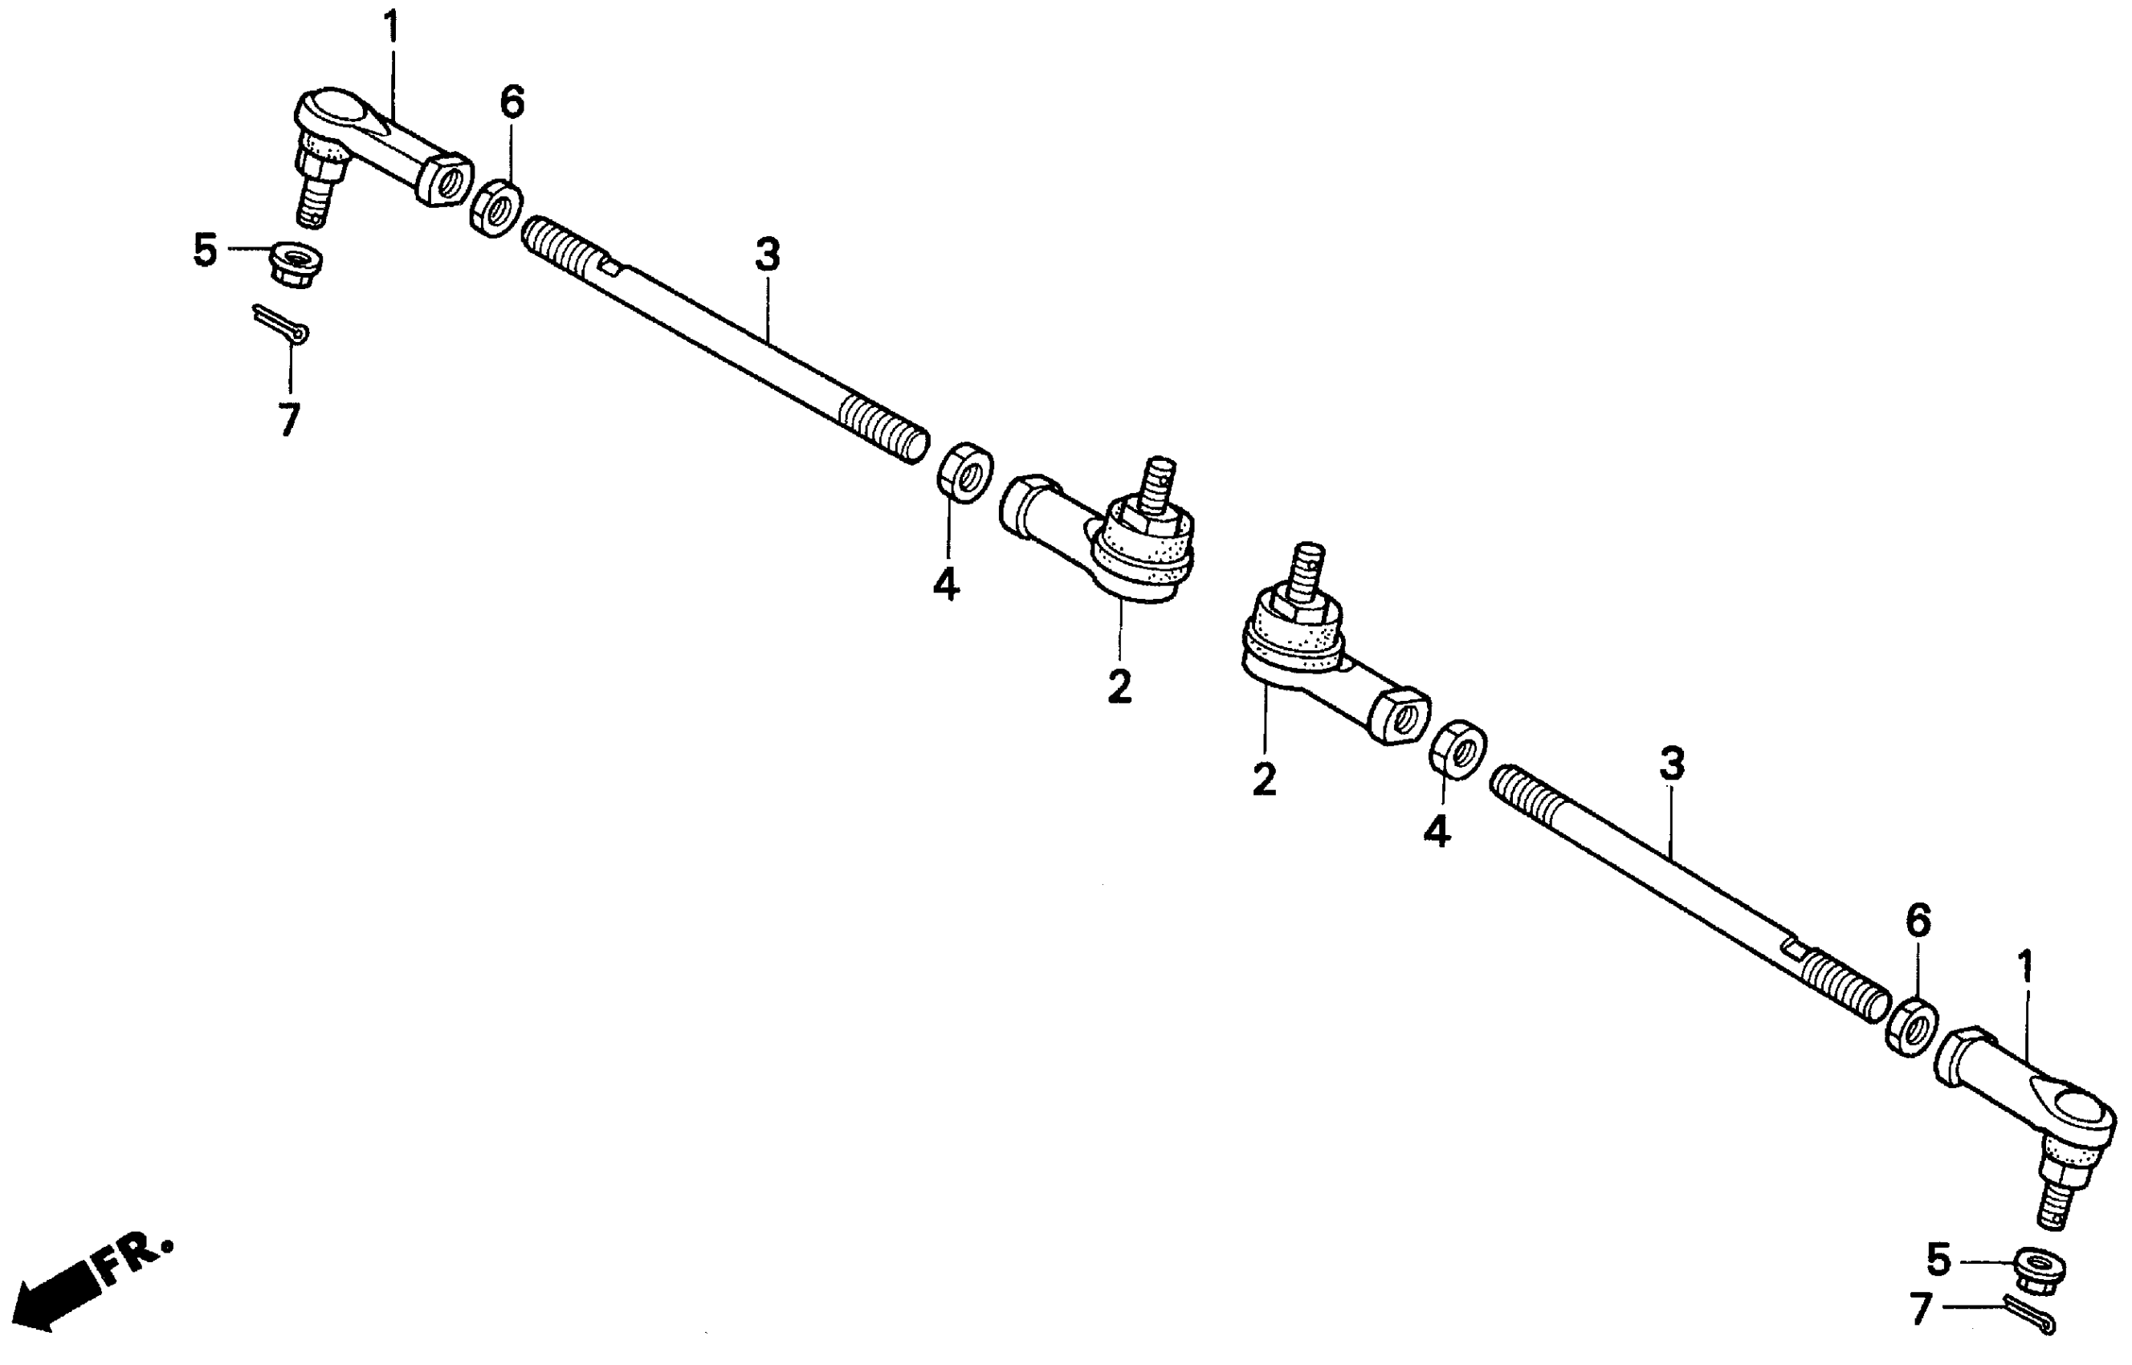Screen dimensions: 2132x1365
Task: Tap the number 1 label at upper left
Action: pos(391,29)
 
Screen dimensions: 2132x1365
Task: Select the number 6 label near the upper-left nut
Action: pos(512,103)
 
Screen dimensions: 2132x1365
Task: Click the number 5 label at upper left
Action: pos(205,251)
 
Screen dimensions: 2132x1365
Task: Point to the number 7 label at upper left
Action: pos(289,419)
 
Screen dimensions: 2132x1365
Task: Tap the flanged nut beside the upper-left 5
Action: pos(296,264)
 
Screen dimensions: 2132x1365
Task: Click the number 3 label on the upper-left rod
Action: pos(767,255)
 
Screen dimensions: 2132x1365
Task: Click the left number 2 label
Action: pos(1119,687)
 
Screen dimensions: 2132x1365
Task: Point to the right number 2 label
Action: pos(1264,779)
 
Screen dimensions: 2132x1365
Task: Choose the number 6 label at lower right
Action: pos(1918,923)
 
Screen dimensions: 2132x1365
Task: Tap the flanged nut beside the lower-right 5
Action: pos(2040,1270)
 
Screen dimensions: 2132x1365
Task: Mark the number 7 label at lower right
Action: pos(1920,1309)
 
